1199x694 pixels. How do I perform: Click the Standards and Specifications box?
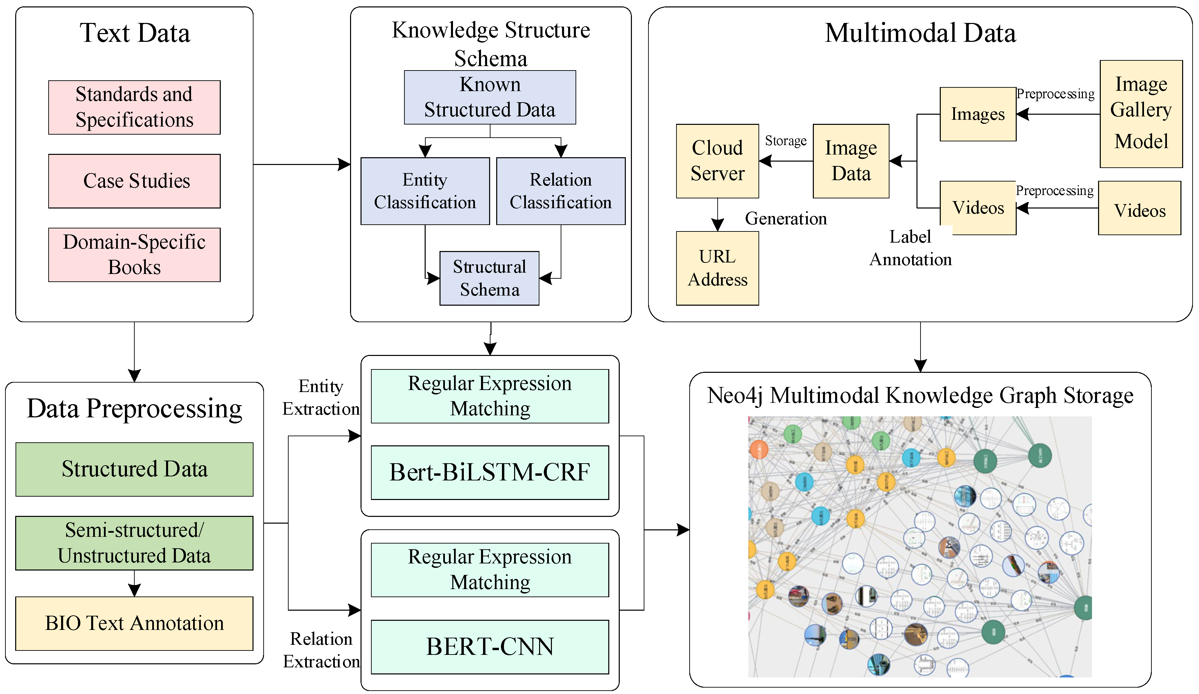134,108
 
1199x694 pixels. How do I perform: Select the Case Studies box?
134,181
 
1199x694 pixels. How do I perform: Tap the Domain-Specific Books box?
134,254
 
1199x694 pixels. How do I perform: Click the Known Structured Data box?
489,97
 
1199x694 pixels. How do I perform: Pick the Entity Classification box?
425,191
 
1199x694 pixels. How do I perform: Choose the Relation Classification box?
560,191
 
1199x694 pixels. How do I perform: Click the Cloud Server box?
717,161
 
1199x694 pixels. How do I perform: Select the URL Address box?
717,268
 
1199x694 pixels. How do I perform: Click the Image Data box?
851,161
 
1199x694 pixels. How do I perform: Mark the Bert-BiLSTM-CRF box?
489,472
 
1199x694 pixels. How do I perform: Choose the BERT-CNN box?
489,646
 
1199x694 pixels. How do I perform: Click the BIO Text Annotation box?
134,623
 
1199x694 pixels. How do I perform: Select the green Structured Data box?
134,469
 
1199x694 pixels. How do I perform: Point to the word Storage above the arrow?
785,141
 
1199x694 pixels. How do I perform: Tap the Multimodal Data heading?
920,33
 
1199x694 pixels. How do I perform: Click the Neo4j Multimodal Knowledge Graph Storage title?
920,395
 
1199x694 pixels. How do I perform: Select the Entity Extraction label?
321,397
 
